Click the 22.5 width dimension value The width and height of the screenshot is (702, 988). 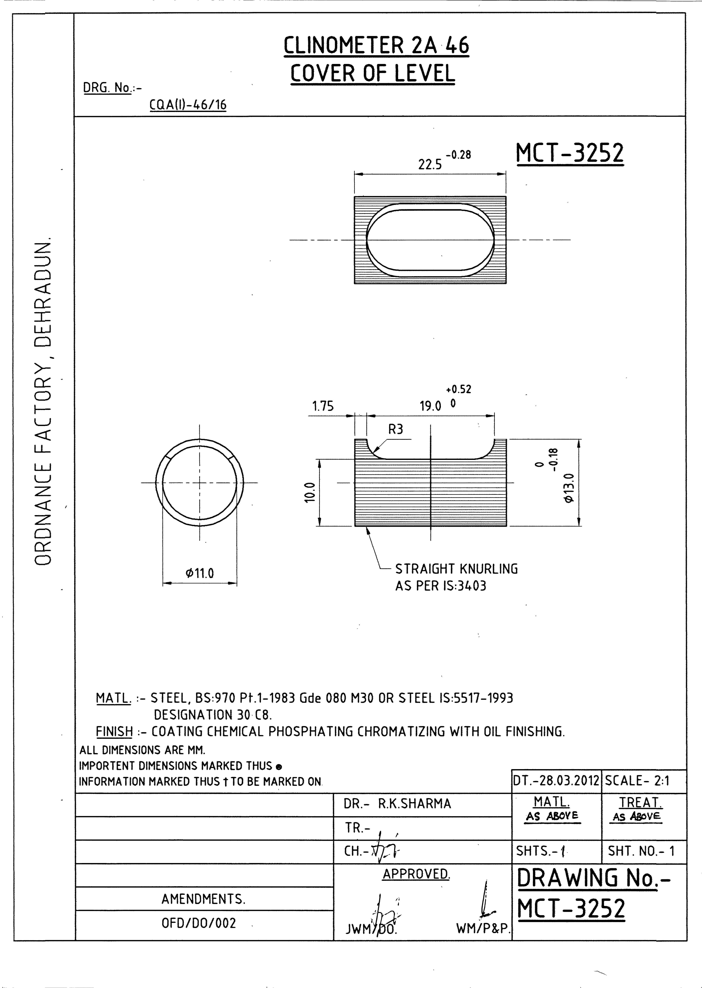point(430,165)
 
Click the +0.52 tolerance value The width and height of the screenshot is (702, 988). point(459,389)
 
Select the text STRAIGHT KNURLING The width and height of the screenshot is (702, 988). point(456,569)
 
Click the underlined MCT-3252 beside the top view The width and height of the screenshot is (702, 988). point(570,153)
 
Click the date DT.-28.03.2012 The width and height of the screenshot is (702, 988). point(556,781)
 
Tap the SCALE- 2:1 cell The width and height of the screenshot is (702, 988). point(637,781)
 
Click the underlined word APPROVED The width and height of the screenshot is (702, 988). point(416,874)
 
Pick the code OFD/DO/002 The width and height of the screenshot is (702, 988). point(199,923)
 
